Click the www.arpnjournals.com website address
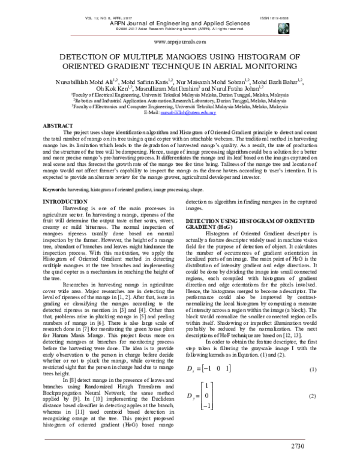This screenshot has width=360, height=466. point(180,42)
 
